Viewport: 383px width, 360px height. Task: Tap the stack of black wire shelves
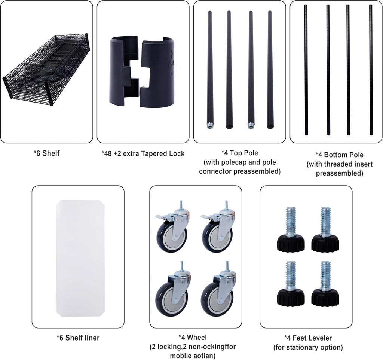pyautogui.click(x=46, y=71)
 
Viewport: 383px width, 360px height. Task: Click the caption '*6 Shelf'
pyautogui.click(x=46, y=153)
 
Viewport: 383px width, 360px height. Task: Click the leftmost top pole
pyautogui.click(x=209, y=70)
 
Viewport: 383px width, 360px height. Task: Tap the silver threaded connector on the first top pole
pyautogui.click(x=209, y=126)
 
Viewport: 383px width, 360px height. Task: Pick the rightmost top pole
pyautogui.click(x=270, y=70)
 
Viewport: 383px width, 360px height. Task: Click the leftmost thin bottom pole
pyautogui.click(x=306, y=70)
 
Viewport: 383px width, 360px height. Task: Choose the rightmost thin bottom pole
pyautogui.click(x=371, y=70)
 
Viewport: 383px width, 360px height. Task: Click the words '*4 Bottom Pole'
pyautogui.click(x=340, y=155)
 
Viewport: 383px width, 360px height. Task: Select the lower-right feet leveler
pyautogui.click(x=325, y=283)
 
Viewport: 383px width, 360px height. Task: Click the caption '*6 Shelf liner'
pyautogui.click(x=78, y=338)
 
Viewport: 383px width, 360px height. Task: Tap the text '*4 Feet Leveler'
pyautogui.click(x=308, y=338)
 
